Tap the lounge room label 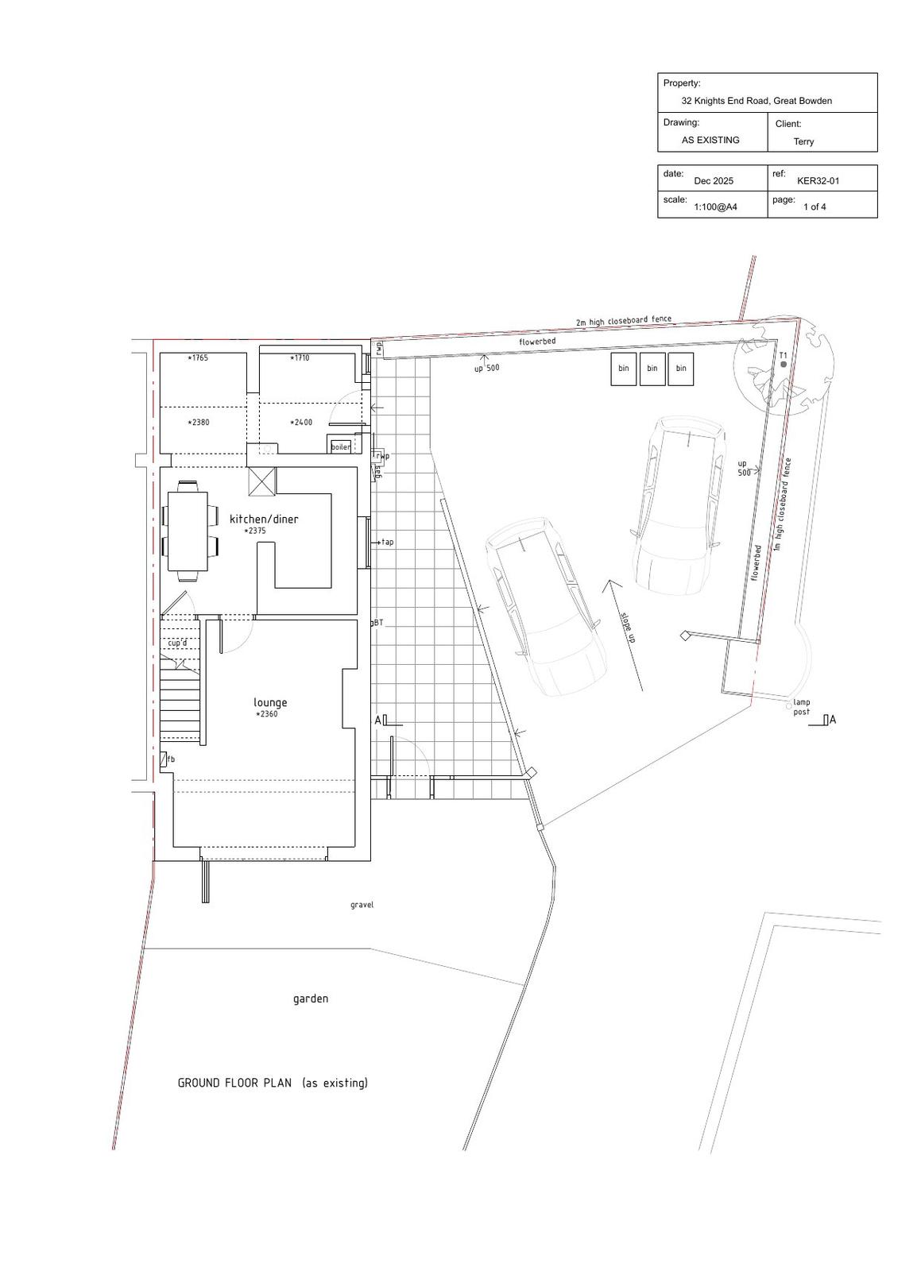coord(270,702)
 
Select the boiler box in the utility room coord(340,446)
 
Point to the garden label coord(311,999)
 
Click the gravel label coord(362,905)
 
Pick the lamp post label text coord(801,707)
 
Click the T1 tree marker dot coord(784,365)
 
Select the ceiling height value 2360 coord(267,715)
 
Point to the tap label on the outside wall coord(387,543)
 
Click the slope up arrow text coord(628,628)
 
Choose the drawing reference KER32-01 coord(818,181)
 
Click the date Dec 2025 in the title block coord(714,181)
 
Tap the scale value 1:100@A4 coord(715,207)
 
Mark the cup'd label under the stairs coord(177,643)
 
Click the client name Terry coord(803,142)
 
